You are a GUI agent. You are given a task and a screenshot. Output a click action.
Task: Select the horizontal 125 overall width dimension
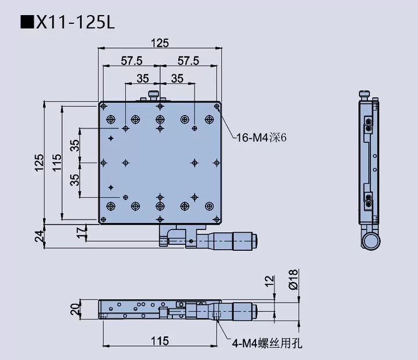point(160,43)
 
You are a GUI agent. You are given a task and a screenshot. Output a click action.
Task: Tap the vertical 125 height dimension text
point(39,163)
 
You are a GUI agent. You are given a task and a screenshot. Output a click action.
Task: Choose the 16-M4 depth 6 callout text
point(261,138)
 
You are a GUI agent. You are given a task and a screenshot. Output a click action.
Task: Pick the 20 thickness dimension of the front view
point(74,309)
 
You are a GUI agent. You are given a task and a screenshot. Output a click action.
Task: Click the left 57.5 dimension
point(132,60)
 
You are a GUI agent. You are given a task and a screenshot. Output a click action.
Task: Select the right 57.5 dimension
point(188,60)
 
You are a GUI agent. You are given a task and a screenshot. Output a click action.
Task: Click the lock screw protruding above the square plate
point(154,95)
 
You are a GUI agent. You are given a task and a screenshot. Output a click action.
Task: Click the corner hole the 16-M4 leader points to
point(217,106)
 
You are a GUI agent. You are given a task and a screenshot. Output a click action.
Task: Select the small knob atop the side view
point(365,93)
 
